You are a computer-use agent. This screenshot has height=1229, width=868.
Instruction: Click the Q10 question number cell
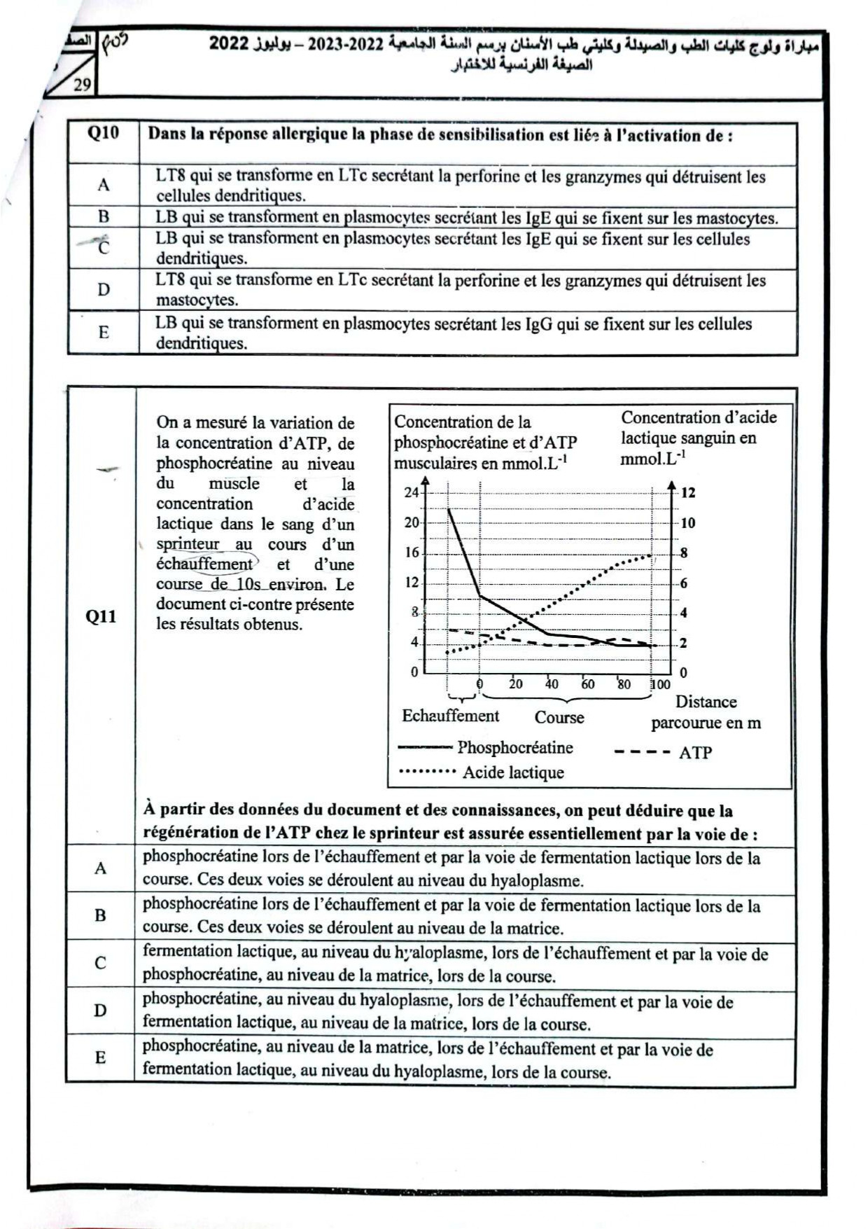coord(103,133)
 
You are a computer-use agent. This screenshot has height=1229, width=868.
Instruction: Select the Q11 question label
coord(101,616)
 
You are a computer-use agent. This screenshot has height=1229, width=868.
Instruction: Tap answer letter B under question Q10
coord(104,216)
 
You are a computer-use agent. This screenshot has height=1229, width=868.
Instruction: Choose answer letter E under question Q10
coord(104,332)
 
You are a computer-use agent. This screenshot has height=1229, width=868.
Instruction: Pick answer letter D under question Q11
coord(101,1011)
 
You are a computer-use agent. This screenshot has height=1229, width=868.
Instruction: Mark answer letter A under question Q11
coord(101,868)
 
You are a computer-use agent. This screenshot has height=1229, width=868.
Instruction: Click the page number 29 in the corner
coord(82,85)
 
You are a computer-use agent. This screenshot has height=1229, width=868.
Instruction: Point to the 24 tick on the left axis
coord(412,492)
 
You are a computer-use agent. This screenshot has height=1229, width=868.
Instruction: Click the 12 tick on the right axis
coord(688,492)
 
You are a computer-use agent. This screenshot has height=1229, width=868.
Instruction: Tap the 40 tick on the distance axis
coord(552,684)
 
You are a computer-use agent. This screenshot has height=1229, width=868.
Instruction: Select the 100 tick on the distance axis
coord(660,684)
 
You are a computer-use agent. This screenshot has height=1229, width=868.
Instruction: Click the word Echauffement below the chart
coord(450,716)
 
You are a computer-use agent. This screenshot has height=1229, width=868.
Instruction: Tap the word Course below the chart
coord(559,717)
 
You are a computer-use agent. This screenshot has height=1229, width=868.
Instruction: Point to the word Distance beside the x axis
coord(706,702)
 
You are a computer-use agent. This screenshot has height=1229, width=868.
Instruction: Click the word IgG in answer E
coord(538,324)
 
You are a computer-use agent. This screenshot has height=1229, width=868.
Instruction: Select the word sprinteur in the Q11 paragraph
coord(188,544)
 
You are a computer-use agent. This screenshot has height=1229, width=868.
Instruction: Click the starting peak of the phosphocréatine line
coord(448,509)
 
